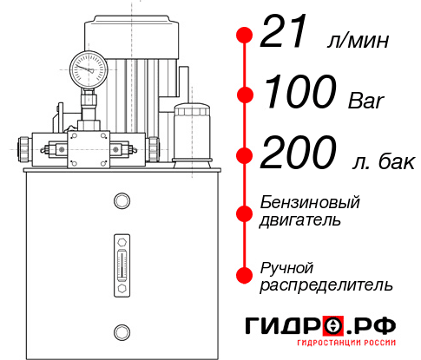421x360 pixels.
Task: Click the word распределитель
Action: coord(326,285)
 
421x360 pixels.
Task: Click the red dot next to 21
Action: coord(246,36)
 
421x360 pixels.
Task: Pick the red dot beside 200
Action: coord(246,155)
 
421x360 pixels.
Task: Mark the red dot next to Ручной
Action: coord(246,274)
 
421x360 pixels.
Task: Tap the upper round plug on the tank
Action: coord(121,202)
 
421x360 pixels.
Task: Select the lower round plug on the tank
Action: coord(121,331)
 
